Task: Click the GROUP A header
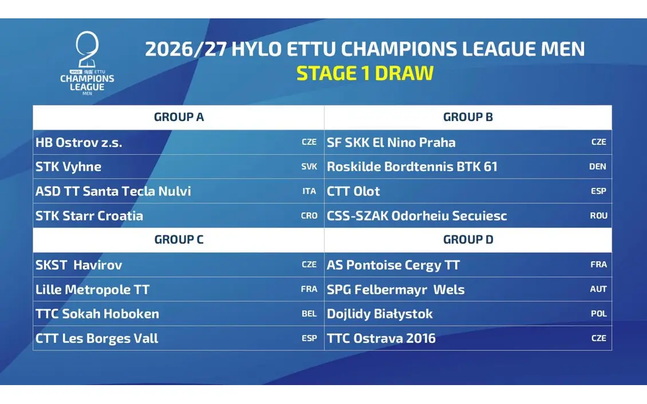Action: [179, 117]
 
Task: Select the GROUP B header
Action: [468, 117]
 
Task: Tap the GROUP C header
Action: [179, 240]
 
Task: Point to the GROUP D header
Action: [468, 240]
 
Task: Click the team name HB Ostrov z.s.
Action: [78, 143]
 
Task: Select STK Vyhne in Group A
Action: [68, 167]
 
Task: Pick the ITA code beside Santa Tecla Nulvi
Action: [309, 191]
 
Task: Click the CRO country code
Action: [309, 215]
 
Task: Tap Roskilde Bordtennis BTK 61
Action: [412, 167]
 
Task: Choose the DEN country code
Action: [598, 167]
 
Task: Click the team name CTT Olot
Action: [353, 191]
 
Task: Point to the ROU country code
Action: [598, 215]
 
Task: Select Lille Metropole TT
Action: [92, 289]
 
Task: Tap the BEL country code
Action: [309, 313]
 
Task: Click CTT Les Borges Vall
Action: [97, 338]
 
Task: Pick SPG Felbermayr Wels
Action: [395, 289]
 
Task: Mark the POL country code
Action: [599, 313]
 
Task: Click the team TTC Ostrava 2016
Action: [381, 338]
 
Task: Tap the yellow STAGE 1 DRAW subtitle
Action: [365, 73]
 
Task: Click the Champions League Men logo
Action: [87, 63]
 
